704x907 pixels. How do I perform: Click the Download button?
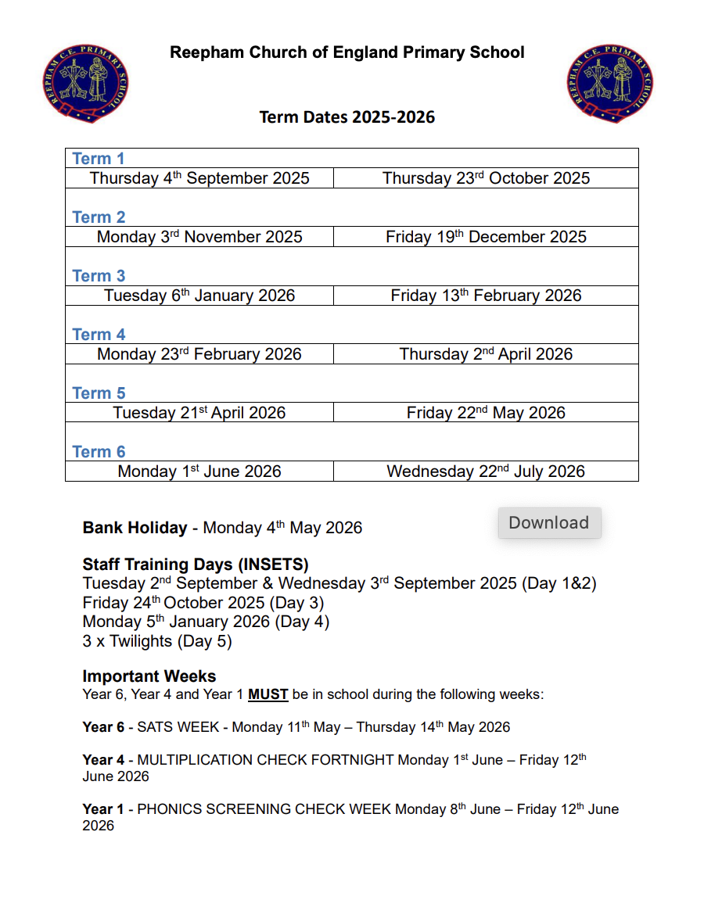point(549,523)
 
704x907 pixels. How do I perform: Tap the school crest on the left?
point(86,84)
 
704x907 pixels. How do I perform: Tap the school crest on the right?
point(610,84)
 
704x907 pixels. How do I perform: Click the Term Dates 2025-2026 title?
point(347,117)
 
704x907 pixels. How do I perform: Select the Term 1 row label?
point(99,159)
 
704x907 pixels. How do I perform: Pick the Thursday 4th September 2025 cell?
point(199,178)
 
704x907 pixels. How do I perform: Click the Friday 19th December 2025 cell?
point(486,237)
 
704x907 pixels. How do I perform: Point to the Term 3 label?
point(99,276)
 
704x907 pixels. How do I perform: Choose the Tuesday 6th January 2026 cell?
point(199,296)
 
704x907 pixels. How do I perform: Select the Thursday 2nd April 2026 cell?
point(486,354)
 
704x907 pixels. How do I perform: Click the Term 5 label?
point(99,393)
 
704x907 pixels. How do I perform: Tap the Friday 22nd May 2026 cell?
point(486,413)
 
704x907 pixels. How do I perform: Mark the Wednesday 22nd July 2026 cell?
point(486,471)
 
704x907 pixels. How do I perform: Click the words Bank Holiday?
point(135,528)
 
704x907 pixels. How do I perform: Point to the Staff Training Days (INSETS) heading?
point(196,565)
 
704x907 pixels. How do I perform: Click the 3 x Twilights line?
point(157,641)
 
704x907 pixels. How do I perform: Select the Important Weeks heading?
point(149,676)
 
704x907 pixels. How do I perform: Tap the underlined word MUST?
point(268,694)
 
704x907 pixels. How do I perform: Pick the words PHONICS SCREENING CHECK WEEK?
point(264,809)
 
